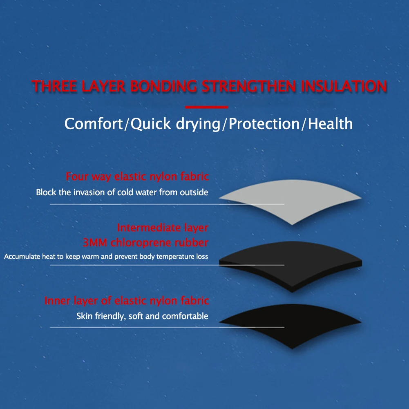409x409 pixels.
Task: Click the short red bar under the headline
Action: [206, 107]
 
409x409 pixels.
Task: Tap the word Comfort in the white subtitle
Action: [94, 124]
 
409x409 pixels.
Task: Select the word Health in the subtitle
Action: [330, 124]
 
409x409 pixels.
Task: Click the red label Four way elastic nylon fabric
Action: [137, 177]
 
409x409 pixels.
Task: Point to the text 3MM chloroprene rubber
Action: [145, 243]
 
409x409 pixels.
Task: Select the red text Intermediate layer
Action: [163, 228]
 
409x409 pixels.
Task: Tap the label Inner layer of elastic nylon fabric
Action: [127, 301]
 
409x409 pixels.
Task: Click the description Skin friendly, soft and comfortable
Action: [142, 316]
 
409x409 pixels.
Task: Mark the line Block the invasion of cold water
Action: [122, 192]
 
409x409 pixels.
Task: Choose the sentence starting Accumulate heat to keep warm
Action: [106, 257]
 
